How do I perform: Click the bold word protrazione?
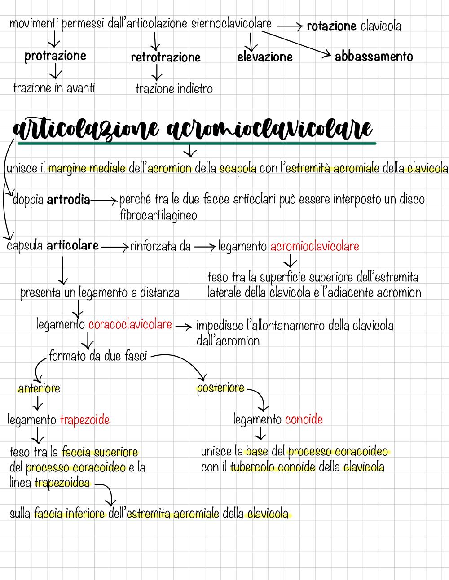[55, 56]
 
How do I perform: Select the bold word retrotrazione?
[166, 57]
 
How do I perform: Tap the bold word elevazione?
[265, 57]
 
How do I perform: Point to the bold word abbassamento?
[374, 57]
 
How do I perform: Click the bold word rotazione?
[331, 26]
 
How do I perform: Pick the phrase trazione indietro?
[174, 89]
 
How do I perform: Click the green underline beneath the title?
[197, 144]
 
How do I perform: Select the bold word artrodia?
[68, 200]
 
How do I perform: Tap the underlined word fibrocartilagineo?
[158, 215]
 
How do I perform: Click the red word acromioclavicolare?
[315, 246]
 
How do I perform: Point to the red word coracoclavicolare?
[130, 325]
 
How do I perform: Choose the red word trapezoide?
[85, 420]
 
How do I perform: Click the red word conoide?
[304, 419]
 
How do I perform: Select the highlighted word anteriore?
[39, 388]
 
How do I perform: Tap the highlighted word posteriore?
[220, 388]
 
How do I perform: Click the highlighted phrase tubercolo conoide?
[273, 467]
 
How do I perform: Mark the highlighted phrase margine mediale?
[87, 168]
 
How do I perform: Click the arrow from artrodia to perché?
[104, 200]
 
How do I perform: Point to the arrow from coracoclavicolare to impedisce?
[184, 326]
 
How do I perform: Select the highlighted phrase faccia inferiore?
[70, 514]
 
